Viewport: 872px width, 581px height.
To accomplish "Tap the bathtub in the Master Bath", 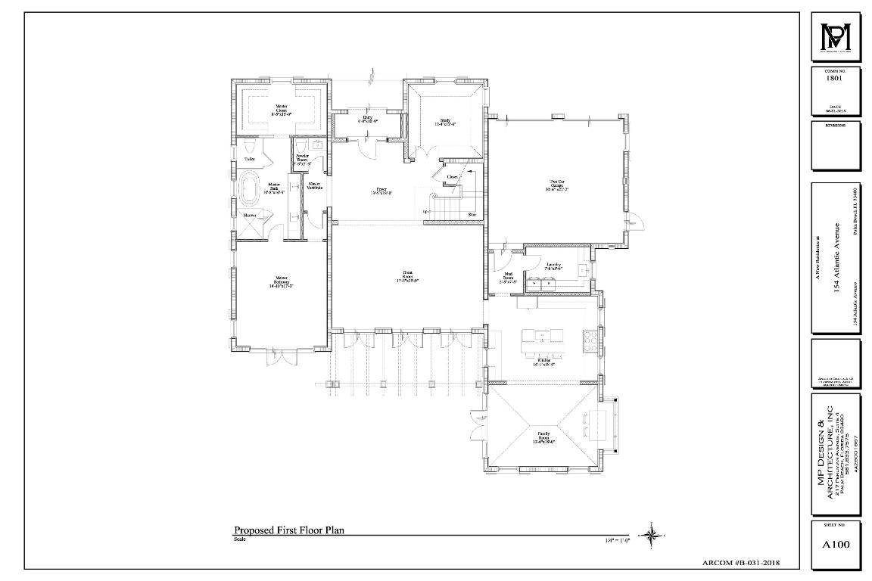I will [249, 186].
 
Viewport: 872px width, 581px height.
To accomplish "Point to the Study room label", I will [445, 122].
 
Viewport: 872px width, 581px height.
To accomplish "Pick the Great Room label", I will [407, 275].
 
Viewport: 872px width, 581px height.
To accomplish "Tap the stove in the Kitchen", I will [590, 339].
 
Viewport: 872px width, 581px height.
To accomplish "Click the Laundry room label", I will [553, 266].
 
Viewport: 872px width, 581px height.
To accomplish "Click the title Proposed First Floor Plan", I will [288, 530].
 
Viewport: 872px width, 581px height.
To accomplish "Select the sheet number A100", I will [836, 543].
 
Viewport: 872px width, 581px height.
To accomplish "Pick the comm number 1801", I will [836, 76].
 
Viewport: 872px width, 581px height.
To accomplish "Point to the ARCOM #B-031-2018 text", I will [742, 563].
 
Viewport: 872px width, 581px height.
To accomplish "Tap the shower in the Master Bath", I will [250, 216].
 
